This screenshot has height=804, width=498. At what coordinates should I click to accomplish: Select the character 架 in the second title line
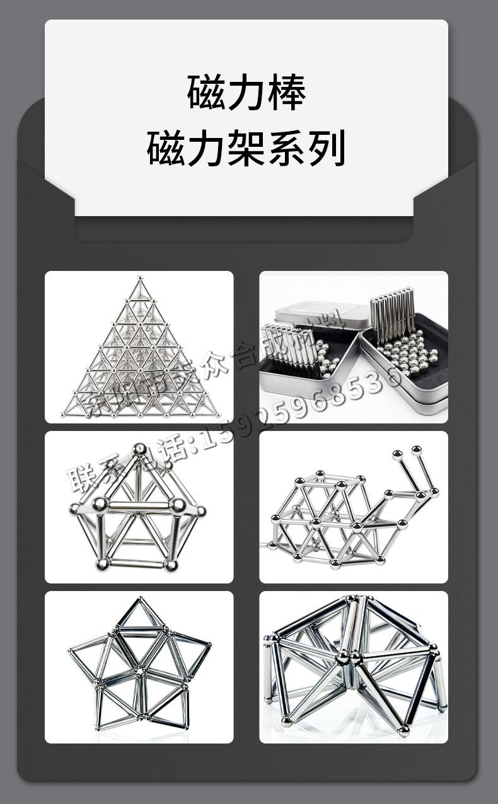pos(246,149)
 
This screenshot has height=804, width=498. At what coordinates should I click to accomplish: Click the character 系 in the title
pos(287,149)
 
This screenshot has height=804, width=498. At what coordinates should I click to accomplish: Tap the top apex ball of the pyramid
pos(139,277)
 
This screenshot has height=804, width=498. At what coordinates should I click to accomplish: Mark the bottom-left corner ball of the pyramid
pos(64,414)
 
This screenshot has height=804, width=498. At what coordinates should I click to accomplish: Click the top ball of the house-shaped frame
pos(140,449)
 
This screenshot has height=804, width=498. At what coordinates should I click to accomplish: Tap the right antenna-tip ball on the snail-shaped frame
pos(416,450)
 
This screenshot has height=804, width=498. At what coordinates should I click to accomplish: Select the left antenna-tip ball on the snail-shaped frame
pos(397,454)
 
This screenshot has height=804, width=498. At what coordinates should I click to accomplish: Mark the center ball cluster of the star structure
pos(140,670)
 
